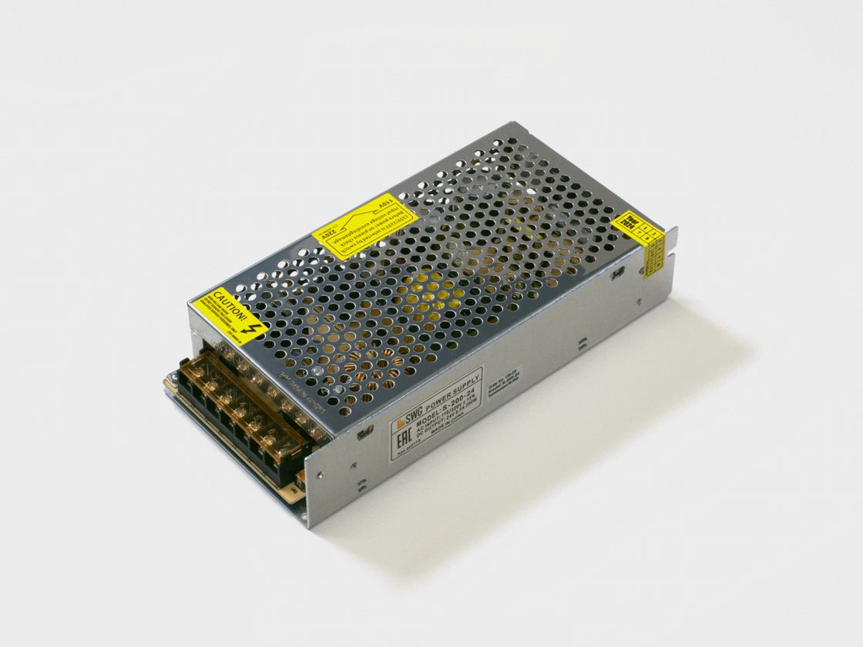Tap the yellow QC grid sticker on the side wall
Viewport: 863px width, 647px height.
(x=653, y=249)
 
